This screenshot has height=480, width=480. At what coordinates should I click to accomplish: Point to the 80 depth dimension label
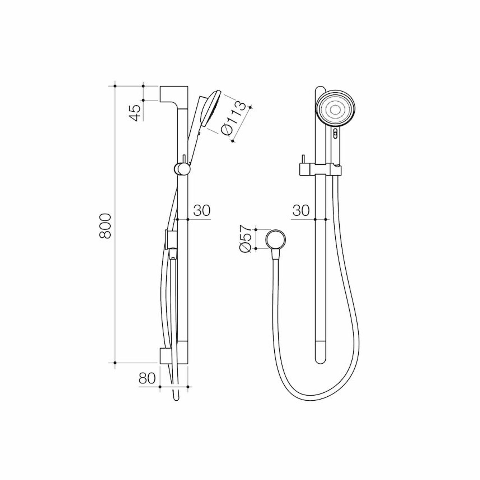(x=147, y=378)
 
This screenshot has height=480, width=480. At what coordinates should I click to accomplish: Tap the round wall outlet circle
(x=276, y=239)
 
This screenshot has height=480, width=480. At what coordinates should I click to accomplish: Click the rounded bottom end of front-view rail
(x=320, y=358)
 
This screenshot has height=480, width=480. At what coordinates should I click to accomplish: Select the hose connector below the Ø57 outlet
(x=275, y=253)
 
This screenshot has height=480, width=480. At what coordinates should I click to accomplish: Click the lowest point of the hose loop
(x=315, y=399)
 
